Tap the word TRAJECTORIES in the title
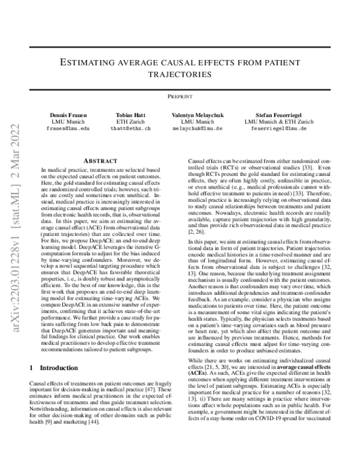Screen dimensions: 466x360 pyautogui.click(x=180, y=75)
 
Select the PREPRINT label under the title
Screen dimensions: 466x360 pyautogui.click(x=180, y=96)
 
